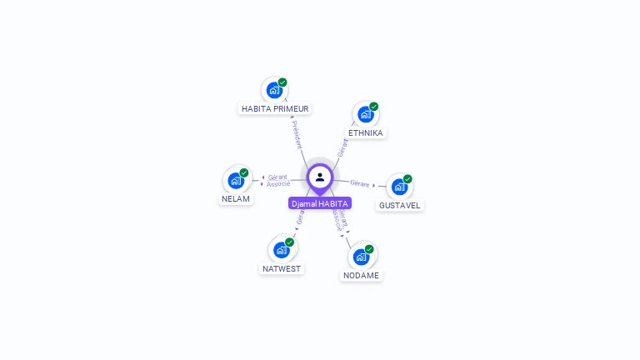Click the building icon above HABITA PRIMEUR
[273, 90]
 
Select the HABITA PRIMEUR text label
[275, 109]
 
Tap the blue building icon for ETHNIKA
[365, 114]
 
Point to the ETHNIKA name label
[366, 133]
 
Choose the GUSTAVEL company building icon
[399, 187]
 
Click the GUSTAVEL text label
[400, 205]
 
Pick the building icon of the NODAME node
[361, 257]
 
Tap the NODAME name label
[361, 276]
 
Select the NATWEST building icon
[281, 249]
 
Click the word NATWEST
[282, 269]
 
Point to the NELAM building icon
[236, 180]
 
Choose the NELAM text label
[236, 199]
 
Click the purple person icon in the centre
[320, 177]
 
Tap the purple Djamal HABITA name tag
[320, 203]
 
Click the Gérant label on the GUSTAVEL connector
[360, 183]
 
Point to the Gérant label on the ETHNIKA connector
[342, 147]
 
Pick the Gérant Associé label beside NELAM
[278, 180]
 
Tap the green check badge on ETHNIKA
[374, 107]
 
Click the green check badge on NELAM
[244, 172]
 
